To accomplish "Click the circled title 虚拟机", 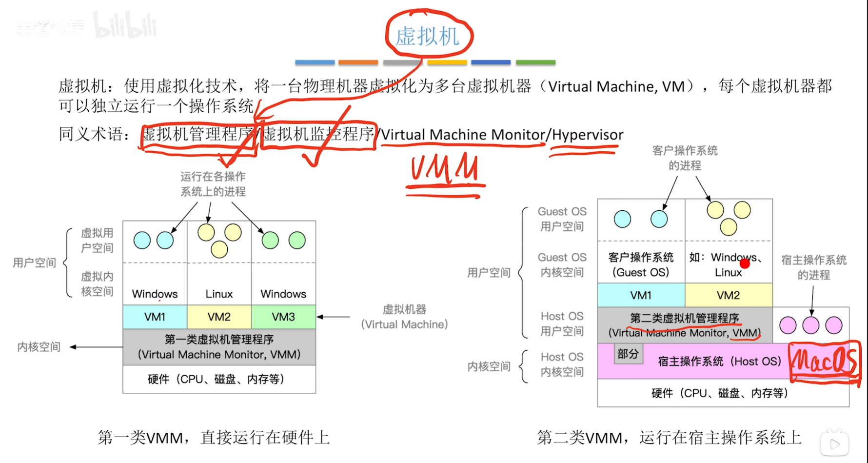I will coord(428,36).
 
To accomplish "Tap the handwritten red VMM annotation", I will coord(444,169).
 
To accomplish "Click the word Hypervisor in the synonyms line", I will coord(587,135).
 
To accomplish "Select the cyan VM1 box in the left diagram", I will coord(155,317).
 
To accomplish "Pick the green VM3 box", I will coord(283,317).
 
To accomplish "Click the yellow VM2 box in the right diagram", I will coord(728,295).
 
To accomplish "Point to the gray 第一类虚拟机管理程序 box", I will coord(219,347).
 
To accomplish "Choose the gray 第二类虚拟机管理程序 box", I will coord(684,325).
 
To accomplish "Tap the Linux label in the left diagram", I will coord(219,294).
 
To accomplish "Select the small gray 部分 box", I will coord(628,354).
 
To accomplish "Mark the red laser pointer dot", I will coord(745,264).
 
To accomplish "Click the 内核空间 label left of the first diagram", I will coord(39,347).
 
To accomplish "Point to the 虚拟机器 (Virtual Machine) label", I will coord(404,317).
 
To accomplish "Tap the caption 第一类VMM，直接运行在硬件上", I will coord(214,437).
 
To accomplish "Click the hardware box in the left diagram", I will coord(219,379).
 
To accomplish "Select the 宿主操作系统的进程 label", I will coord(813,267).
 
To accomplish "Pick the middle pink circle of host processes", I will coord(810,325).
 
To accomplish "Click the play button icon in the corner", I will coord(834,443).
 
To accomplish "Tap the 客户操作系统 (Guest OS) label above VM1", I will coord(641,264).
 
